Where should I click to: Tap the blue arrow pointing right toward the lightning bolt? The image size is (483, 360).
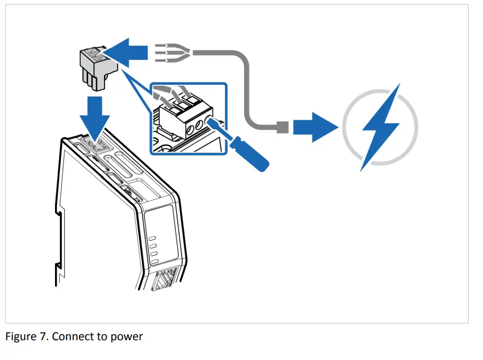click(x=314, y=128)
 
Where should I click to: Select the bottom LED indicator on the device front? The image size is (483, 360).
click(x=155, y=260)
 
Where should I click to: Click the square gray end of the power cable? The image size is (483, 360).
click(x=281, y=128)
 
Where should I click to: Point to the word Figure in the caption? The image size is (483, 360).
click(x=21, y=336)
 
